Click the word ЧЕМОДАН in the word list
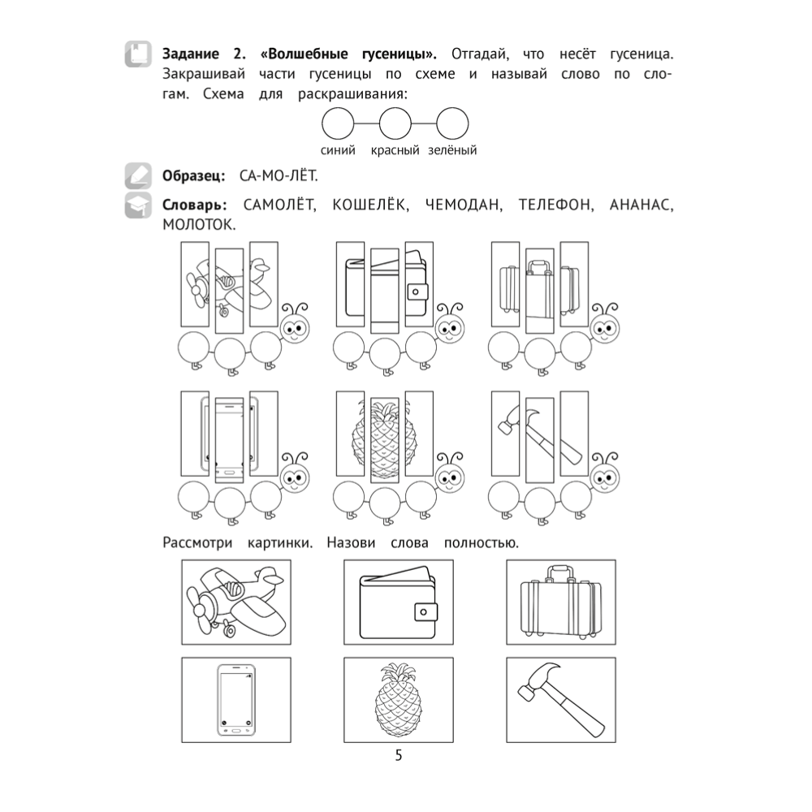coord(464,205)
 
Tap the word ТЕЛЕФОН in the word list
coord(556,205)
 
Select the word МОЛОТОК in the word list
coord(199,225)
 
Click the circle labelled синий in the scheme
coord(338,123)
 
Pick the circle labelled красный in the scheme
coord(395,123)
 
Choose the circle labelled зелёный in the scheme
coord(452,123)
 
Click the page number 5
coord(398,755)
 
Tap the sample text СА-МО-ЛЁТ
coord(279,176)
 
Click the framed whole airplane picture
coord(236,603)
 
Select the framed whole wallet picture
coord(399,603)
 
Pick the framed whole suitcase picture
coord(561,603)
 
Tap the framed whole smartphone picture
coord(236,700)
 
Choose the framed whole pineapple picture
coord(399,700)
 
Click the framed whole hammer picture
coord(561,700)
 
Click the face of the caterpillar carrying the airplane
coord(296,328)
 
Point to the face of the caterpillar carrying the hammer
coord(606,477)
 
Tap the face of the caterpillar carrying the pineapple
coord(450,477)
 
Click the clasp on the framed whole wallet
coord(425,612)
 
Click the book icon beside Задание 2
coord(138,54)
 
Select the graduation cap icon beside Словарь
coord(138,205)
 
